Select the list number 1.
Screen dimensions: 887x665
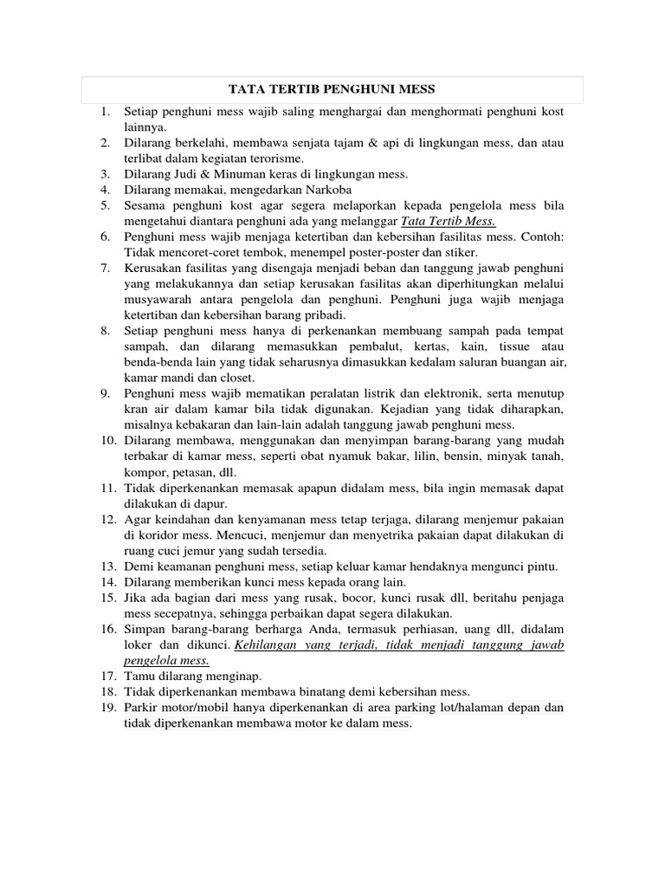point(105,112)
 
